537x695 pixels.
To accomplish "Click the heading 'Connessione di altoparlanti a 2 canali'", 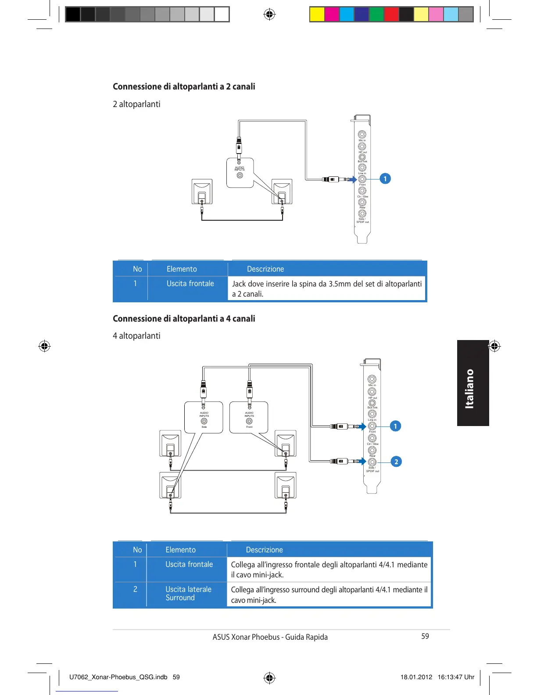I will tap(184, 86).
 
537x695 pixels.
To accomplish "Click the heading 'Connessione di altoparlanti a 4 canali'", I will tap(184, 319).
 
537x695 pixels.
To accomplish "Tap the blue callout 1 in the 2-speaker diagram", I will tap(385, 179).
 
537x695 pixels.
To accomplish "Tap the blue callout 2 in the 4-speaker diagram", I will tap(396, 462).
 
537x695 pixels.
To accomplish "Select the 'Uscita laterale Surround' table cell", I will tap(188, 594).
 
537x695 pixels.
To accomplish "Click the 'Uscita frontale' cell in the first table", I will tap(190, 283).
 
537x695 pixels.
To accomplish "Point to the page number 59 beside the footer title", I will tap(425, 636).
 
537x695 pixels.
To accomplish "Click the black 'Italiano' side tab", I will tap(473, 383).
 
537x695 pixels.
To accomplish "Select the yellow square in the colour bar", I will tap(317, 14).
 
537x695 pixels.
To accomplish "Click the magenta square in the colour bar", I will tap(332, 14).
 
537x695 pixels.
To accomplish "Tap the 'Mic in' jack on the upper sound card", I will tap(362, 134).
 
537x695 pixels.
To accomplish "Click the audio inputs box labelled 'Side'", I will tap(204, 417).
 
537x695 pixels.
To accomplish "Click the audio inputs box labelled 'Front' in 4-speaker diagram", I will tap(249, 417).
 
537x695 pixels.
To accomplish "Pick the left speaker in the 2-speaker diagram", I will tap(202, 192).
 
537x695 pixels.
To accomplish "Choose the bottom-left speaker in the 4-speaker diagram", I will tap(170, 485).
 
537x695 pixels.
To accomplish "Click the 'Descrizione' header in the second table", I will tap(264, 550).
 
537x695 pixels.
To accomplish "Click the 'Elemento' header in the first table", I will tap(182, 269).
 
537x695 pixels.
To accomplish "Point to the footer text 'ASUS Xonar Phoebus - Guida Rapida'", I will tap(270, 637).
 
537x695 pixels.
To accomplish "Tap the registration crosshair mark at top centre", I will tap(269, 14).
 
